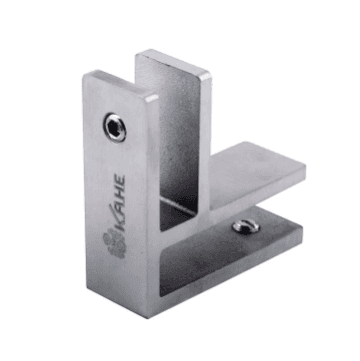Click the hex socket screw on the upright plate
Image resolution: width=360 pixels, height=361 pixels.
coord(115,128)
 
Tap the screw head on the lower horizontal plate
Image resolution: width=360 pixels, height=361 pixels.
coord(246,227)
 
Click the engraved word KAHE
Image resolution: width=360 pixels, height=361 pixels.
coord(119,203)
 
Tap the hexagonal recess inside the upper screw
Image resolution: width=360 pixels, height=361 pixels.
coord(114,128)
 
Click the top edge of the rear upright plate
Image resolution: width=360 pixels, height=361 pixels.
coord(173,63)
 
